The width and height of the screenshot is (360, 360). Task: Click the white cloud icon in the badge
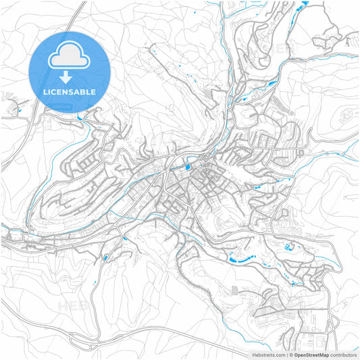tap(69, 59)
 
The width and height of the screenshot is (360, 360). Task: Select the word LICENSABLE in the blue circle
tap(69, 91)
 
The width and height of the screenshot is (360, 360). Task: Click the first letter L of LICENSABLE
tap(44, 91)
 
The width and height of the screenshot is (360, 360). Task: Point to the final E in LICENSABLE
tap(94, 91)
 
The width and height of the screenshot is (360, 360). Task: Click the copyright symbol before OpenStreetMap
tap(290, 354)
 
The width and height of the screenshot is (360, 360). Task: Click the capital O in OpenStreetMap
tap(296, 354)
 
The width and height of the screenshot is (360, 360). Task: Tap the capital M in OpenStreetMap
tap(320, 354)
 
